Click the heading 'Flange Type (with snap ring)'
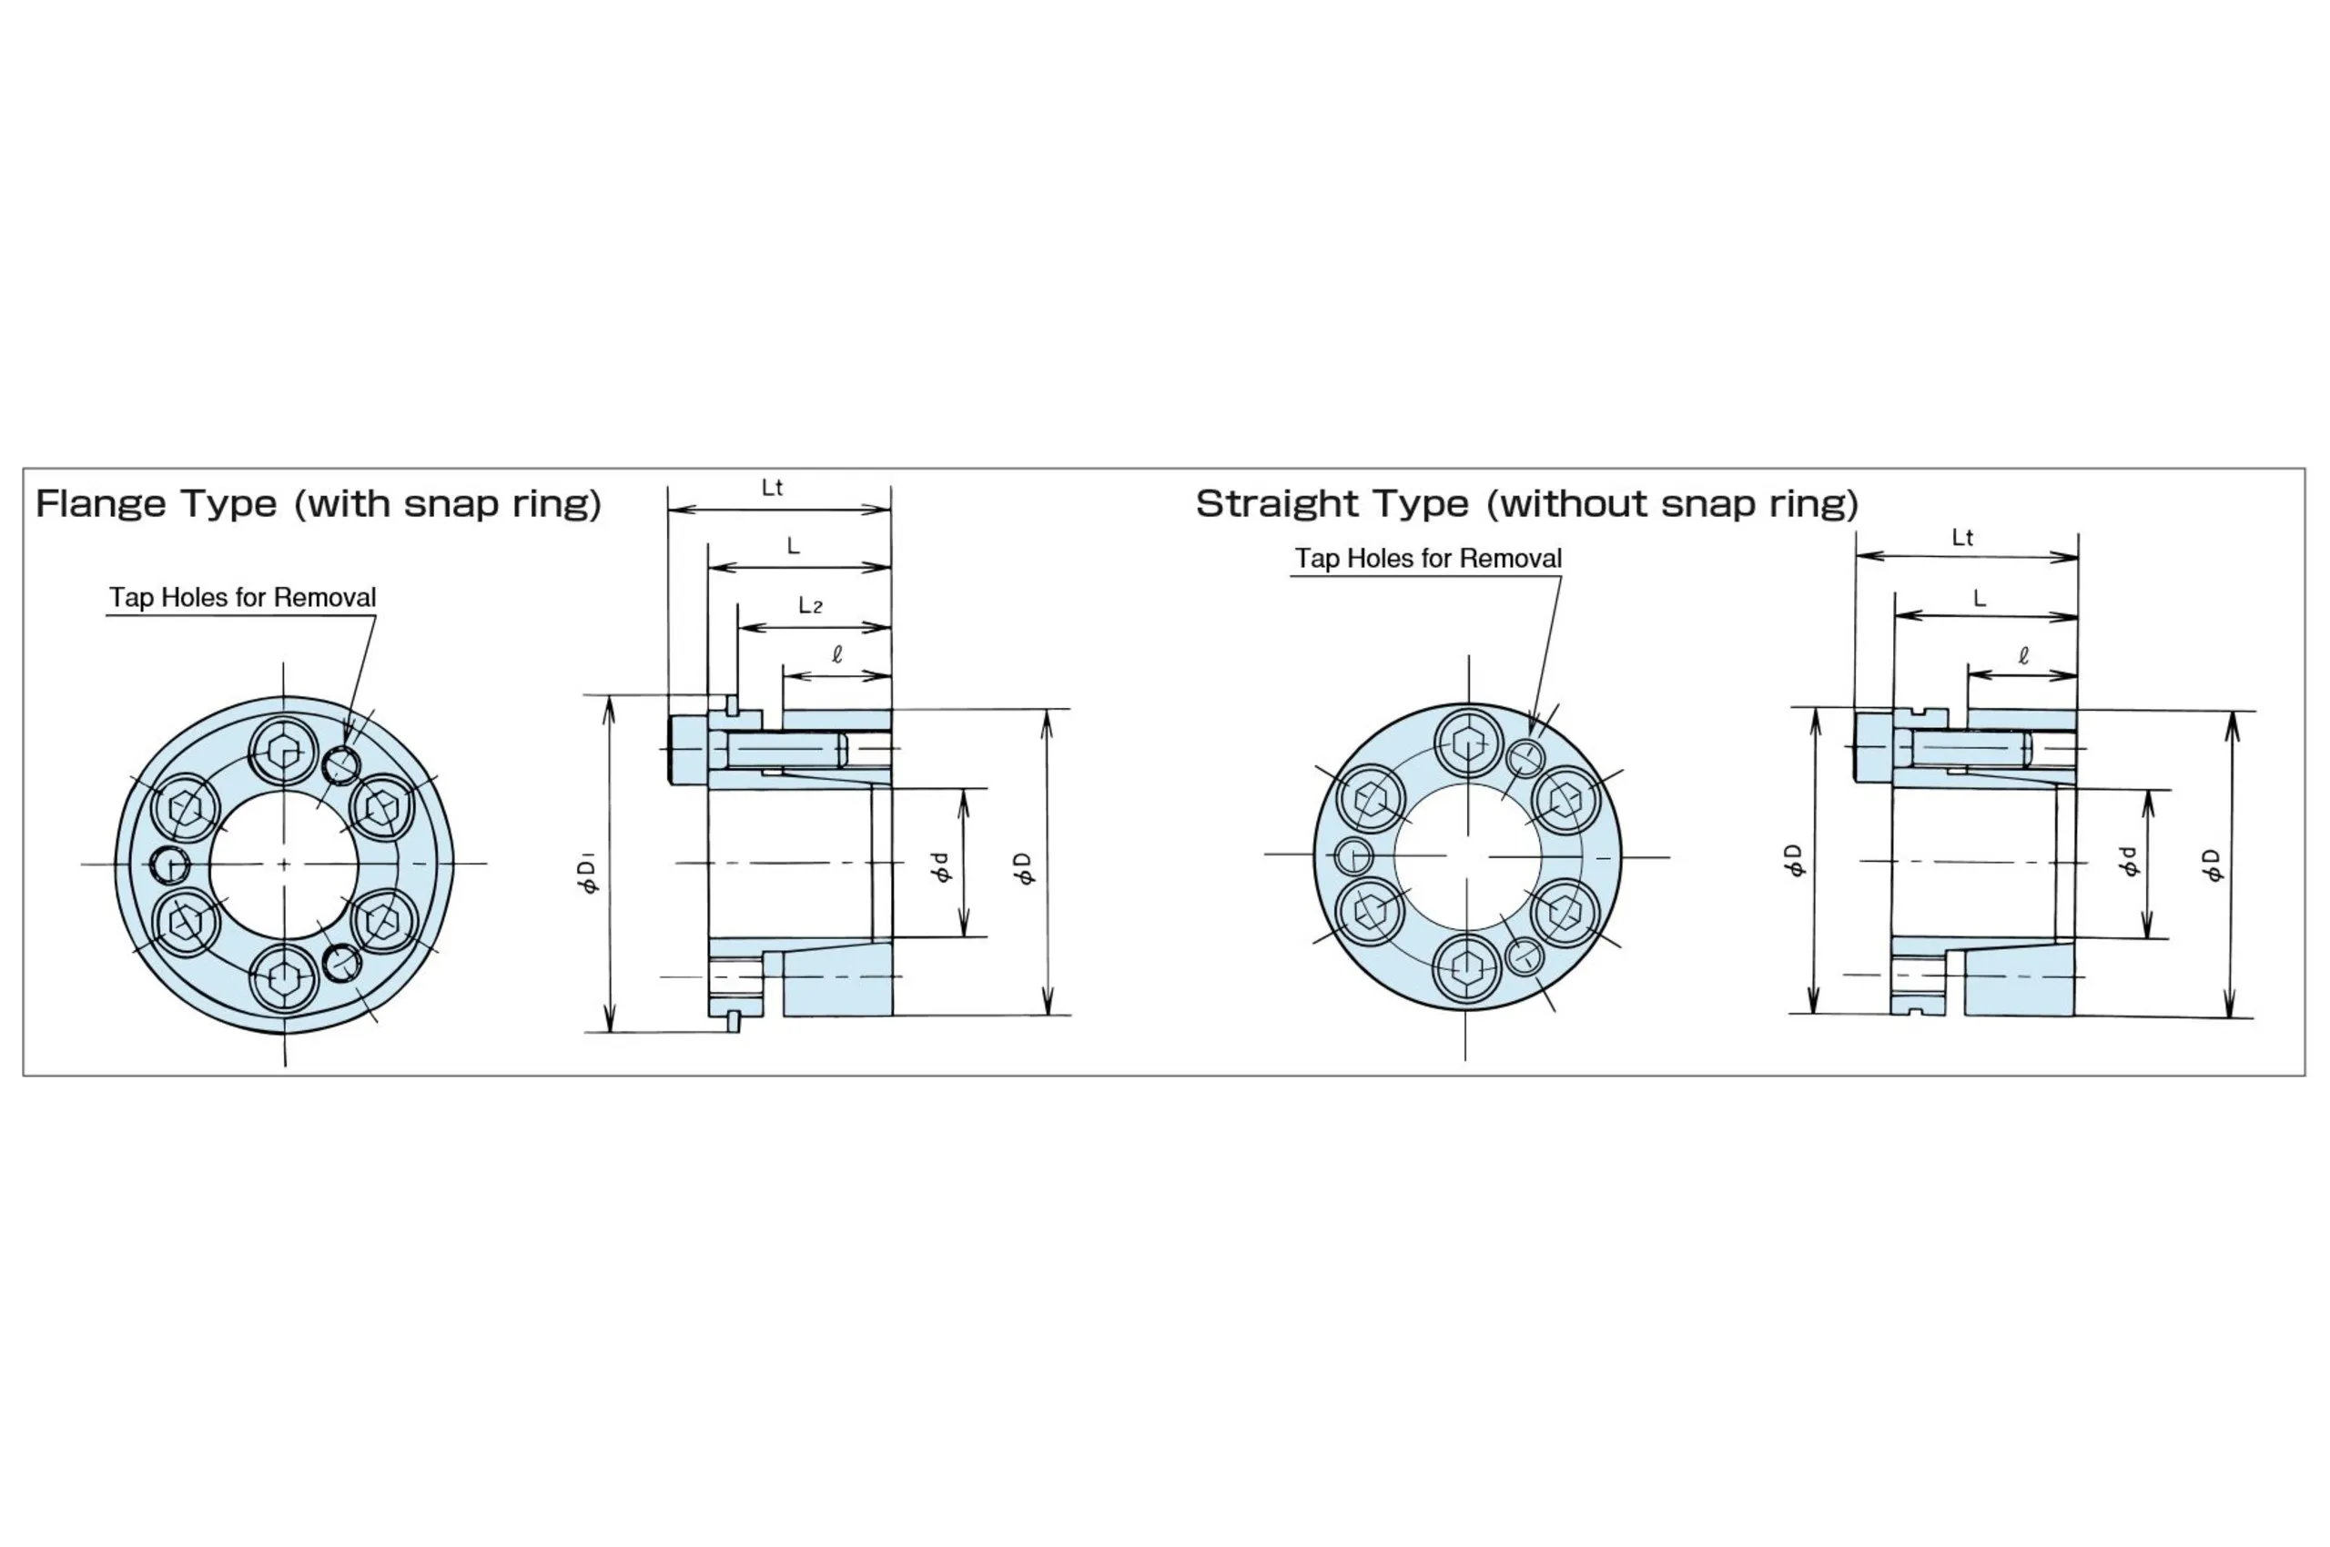coord(318,504)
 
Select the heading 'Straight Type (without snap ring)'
coord(1526,504)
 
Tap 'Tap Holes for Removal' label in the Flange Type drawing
coord(243,598)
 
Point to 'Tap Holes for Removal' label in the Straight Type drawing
coord(1428,559)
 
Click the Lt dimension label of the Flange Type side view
coord(772,488)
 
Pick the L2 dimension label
coord(810,605)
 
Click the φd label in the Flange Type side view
coord(941,867)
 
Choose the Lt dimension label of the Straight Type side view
coord(1962,538)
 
